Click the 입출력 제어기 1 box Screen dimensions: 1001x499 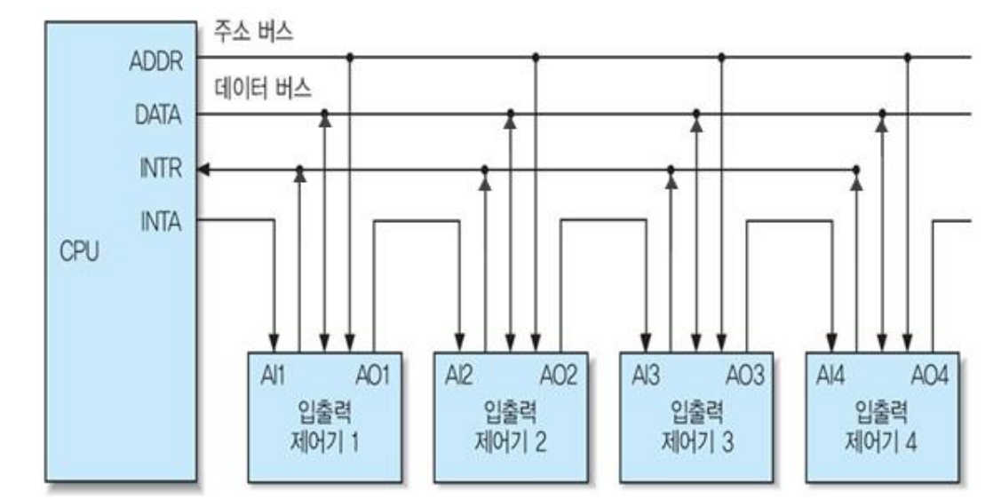click(x=323, y=417)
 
